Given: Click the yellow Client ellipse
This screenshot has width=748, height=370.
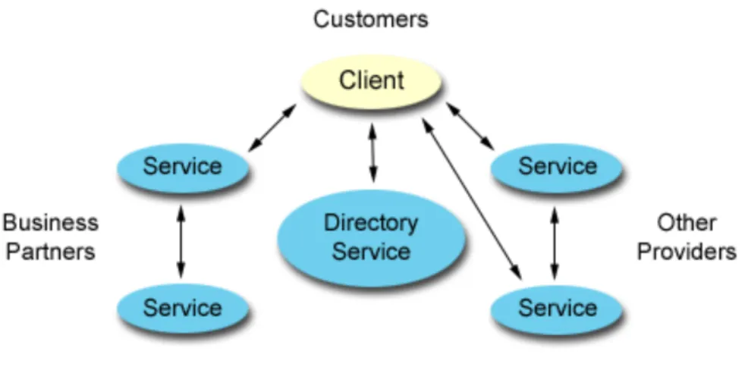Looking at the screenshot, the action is [372, 82].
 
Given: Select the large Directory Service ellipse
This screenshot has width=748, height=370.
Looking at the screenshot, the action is [372, 238].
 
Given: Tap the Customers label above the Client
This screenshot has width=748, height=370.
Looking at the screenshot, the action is [371, 20].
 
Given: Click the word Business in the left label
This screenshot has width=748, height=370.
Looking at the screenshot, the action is [51, 223].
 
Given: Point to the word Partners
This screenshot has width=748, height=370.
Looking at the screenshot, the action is [51, 251].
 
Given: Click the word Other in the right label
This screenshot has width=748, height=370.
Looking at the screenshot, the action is [687, 223].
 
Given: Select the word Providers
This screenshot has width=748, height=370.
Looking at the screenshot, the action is [687, 251].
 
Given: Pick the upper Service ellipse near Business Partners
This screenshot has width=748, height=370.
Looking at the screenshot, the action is [183, 168].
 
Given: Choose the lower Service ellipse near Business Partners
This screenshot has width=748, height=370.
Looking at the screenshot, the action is [183, 309].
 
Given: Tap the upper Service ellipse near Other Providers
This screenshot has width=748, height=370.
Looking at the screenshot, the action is [557, 168].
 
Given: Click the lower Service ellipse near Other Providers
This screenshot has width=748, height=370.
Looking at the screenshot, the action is [557, 309].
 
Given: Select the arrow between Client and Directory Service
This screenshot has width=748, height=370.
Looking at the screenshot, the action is [372, 152].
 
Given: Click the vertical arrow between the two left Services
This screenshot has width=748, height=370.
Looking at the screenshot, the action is [181, 242].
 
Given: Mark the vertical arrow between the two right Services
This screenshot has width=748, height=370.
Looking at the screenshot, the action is [555, 243].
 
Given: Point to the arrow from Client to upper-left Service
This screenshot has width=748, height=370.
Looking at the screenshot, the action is [272, 128].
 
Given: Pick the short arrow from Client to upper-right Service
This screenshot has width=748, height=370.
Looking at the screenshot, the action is [470, 126].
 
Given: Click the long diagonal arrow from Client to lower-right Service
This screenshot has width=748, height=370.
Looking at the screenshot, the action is [473, 199].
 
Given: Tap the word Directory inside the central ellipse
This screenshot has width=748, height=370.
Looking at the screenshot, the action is [371, 223].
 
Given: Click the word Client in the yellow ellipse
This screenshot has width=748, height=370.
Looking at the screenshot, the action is [372, 80].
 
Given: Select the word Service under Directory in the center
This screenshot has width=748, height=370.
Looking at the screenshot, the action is [371, 251].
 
